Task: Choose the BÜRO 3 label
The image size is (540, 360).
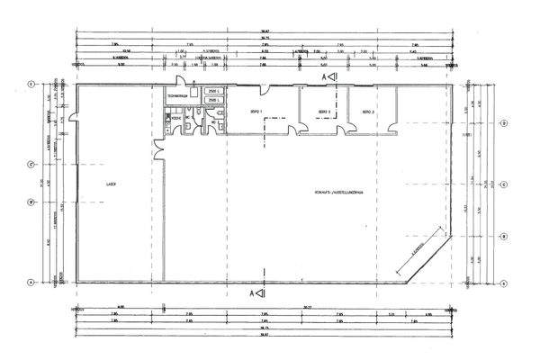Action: [x=367, y=112]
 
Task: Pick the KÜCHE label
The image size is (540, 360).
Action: [x=177, y=117]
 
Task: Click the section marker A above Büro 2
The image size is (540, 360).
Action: [x=329, y=78]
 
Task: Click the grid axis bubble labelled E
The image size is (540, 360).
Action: [x=31, y=85]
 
